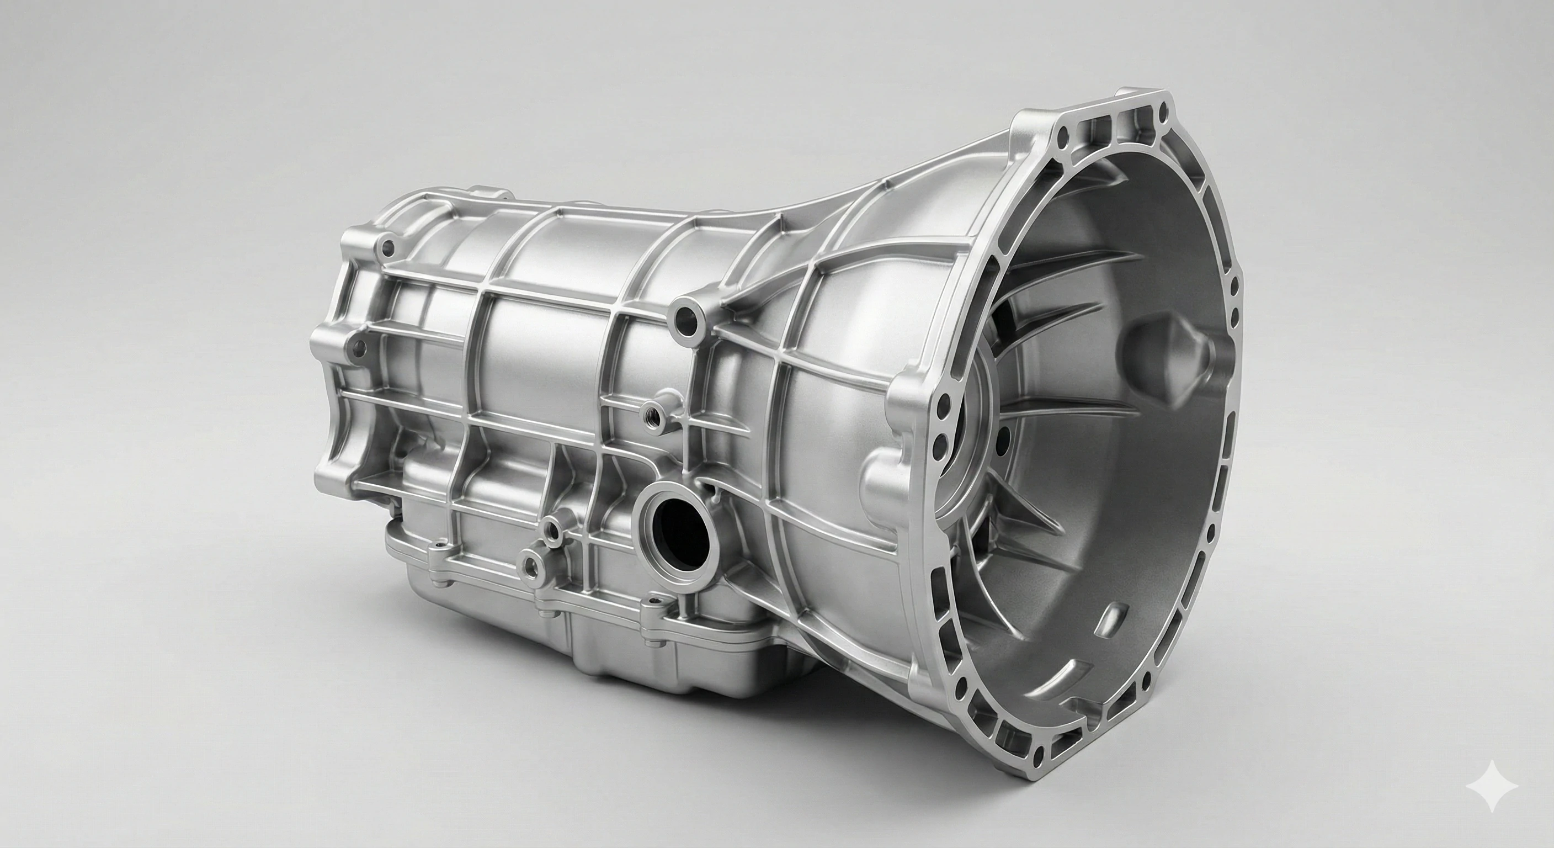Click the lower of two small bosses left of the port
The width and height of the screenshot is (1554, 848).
(x=531, y=564)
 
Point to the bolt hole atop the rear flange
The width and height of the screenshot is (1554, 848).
(x=388, y=246)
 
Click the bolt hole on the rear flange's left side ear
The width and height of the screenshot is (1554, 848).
(x=358, y=348)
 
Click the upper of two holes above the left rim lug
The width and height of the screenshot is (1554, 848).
(x=943, y=401)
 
